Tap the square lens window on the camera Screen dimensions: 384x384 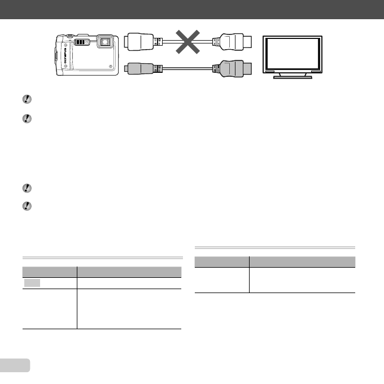coord(104,41)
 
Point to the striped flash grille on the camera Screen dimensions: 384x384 coord(82,41)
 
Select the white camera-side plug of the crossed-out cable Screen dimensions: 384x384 coord(139,41)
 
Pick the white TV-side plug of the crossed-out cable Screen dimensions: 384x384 coord(232,41)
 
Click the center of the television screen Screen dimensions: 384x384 coord(294,54)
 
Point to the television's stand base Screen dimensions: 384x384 coord(294,76)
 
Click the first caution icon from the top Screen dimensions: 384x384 coord(27,99)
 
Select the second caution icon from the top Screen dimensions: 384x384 coord(27,119)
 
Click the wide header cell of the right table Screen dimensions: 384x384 coord(302,262)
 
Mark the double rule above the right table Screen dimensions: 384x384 coord(274,247)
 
